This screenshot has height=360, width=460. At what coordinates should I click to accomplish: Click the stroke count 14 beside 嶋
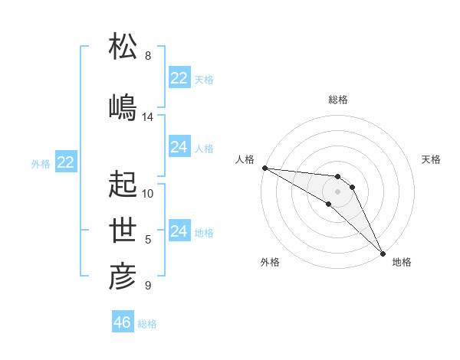[148, 117]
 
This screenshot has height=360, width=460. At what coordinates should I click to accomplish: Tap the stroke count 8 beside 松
[148, 56]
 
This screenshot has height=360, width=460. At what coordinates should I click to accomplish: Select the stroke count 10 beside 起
[148, 194]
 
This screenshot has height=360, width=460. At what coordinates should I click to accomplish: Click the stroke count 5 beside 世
[148, 240]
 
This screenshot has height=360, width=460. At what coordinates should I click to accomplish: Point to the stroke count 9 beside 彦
[148, 286]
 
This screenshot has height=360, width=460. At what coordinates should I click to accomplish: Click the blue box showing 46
[123, 322]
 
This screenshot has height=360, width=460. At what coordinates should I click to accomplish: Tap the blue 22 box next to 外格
[66, 162]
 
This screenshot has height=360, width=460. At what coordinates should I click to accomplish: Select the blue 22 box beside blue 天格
[179, 78]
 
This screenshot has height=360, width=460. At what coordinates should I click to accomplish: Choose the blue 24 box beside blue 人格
[179, 147]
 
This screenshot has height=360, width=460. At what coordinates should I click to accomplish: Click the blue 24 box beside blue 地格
[179, 231]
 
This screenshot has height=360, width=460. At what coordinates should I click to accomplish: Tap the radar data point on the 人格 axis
[264, 168]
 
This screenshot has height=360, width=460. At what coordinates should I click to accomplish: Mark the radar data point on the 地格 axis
[381, 252]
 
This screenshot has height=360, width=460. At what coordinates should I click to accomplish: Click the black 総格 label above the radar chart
[338, 100]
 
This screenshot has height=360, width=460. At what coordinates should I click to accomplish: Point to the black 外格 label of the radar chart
[270, 263]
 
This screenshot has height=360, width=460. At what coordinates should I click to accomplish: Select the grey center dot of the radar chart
[337, 191]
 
